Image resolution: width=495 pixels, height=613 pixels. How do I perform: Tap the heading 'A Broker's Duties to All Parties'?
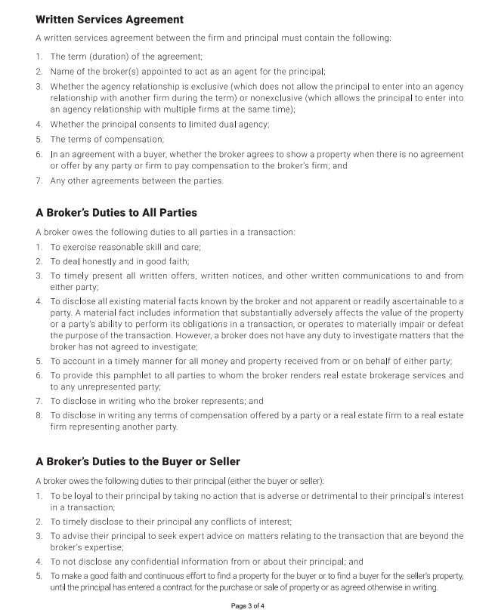[116, 213]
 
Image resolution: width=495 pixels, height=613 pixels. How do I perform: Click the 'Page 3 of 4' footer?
[248, 605]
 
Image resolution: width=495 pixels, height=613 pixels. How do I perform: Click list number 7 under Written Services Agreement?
[39, 180]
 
